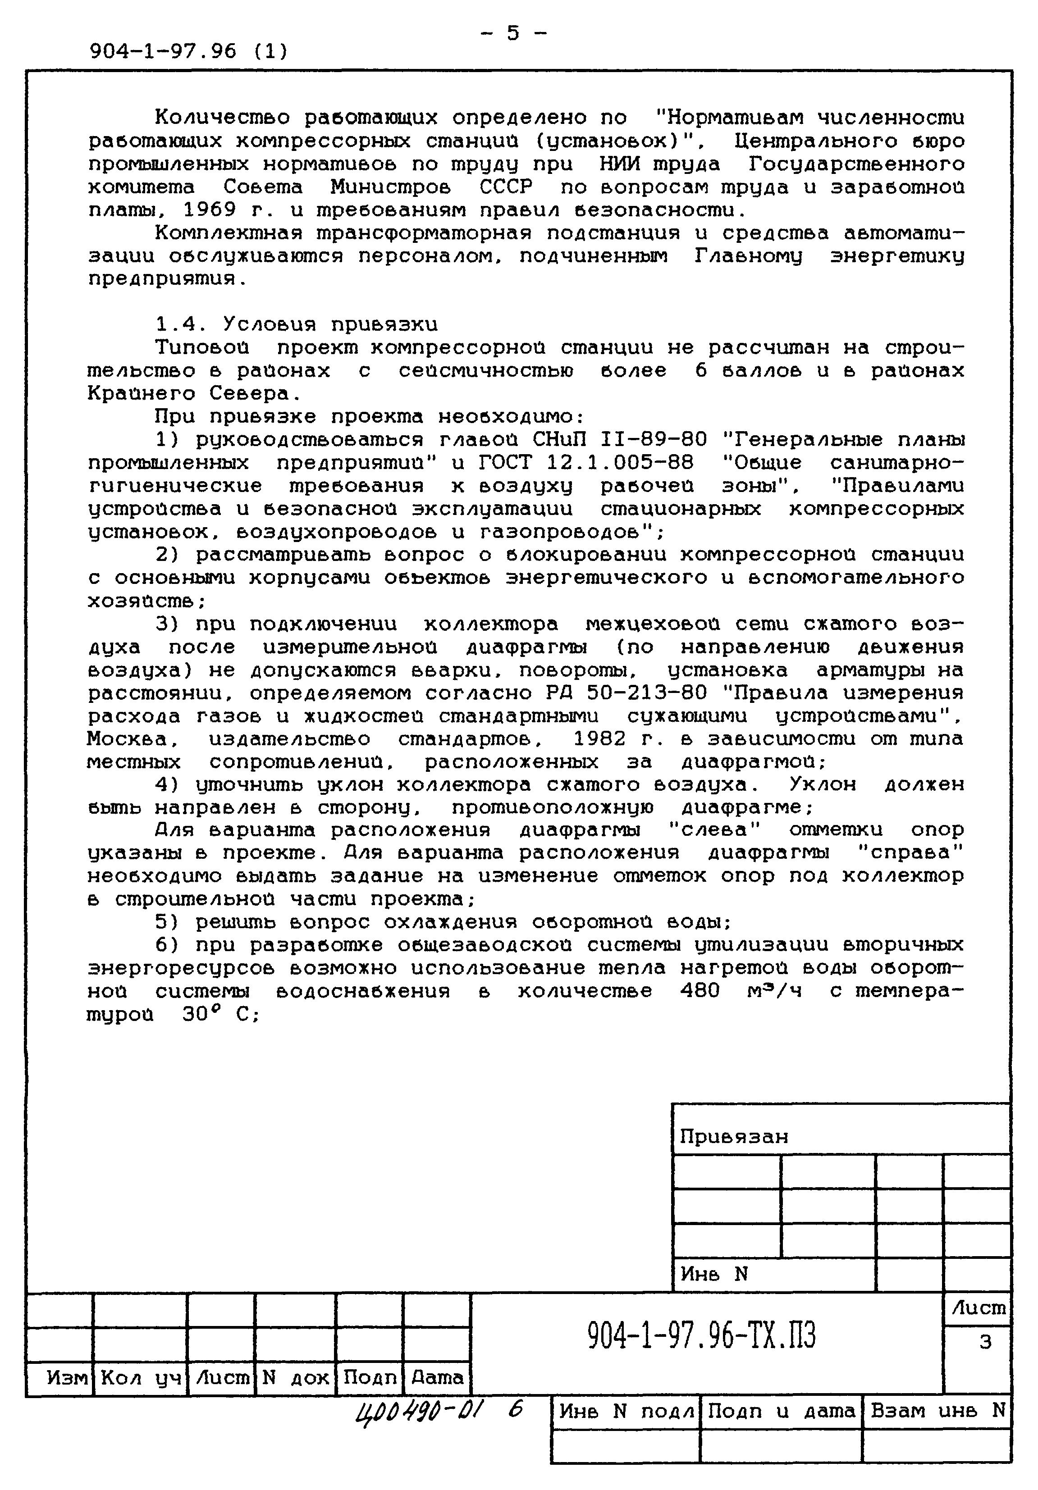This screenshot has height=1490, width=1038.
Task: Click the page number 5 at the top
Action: (513, 33)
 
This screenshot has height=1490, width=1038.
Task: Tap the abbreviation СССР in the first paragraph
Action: (506, 187)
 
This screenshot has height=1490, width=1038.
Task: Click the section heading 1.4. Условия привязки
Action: (297, 324)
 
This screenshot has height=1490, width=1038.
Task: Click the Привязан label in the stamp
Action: (734, 1137)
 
